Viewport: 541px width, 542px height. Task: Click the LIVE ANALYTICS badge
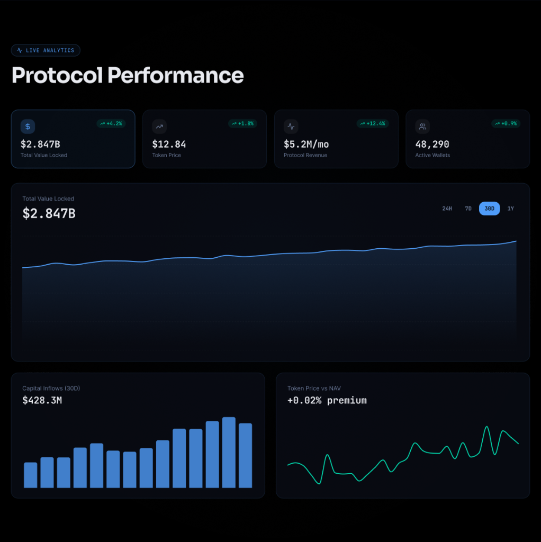click(x=46, y=50)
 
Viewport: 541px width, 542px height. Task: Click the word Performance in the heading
click(x=176, y=75)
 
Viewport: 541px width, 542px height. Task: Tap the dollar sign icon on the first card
click(x=28, y=127)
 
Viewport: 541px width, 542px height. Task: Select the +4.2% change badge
click(x=111, y=123)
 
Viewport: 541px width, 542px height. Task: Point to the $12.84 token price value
click(x=169, y=144)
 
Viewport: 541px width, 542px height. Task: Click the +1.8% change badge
click(x=242, y=123)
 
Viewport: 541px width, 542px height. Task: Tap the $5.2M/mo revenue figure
click(x=306, y=144)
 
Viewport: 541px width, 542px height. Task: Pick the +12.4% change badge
click(x=373, y=123)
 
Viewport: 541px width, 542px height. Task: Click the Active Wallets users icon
click(x=422, y=127)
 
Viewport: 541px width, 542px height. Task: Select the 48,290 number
click(x=432, y=144)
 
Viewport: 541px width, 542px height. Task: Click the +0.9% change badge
click(x=506, y=123)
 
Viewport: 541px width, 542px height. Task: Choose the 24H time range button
click(x=447, y=209)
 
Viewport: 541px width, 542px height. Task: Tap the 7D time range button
click(x=468, y=209)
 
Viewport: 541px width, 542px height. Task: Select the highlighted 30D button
click(x=490, y=209)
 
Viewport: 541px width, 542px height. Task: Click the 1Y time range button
click(x=511, y=209)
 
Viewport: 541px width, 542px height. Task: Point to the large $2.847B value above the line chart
click(x=49, y=213)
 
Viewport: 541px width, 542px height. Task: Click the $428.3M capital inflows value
click(x=42, y=400)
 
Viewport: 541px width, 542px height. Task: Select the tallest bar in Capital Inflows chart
click(x=229, y=453)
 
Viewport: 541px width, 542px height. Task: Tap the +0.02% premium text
click(x=327, y=400)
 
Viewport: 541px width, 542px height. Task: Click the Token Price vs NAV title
click(x=314, y=388)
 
